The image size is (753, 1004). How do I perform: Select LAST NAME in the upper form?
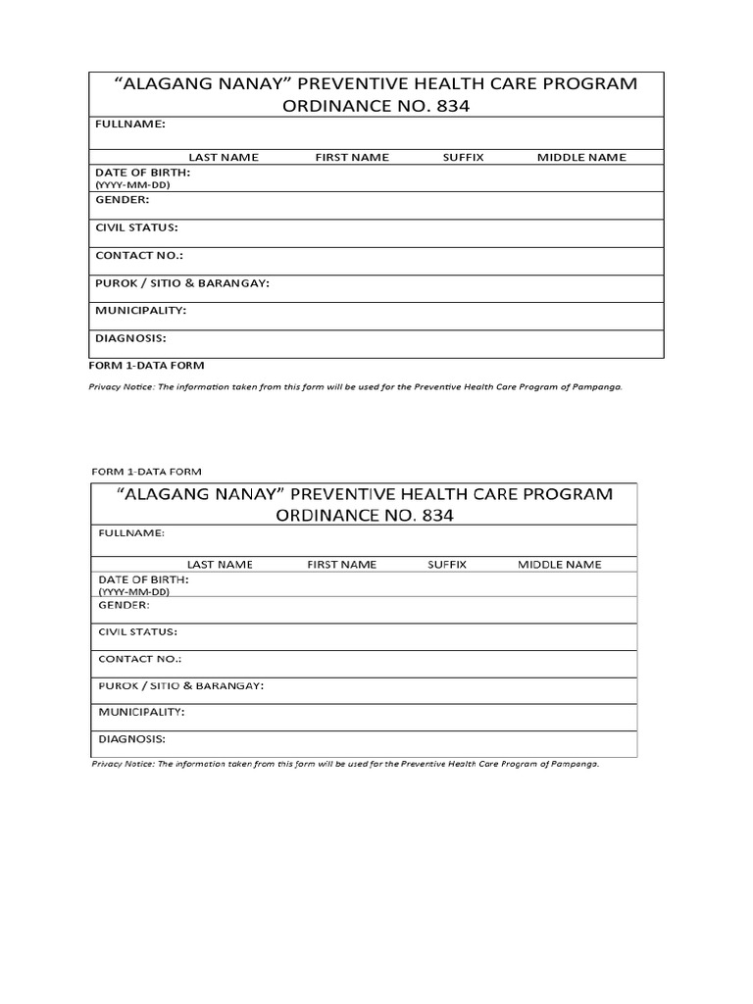click(222, 157)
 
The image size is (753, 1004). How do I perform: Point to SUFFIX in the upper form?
click(464, 157)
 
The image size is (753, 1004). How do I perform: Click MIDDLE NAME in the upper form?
click(581, 157)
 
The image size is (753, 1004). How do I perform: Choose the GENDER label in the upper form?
click(123, 199)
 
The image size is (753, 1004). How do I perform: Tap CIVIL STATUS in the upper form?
click(136, 227)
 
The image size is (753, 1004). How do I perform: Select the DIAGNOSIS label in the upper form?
click(130, 338)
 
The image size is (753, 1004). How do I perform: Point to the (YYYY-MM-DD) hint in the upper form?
click(129, 183)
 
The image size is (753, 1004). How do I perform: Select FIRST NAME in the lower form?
click(341, 565)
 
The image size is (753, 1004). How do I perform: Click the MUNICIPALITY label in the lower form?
click(142, 712)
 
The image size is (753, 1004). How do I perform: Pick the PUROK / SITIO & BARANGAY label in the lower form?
click(181, 684)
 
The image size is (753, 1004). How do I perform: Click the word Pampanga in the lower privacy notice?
click(574, 764)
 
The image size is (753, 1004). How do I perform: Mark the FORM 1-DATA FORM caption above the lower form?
click(146, 472)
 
